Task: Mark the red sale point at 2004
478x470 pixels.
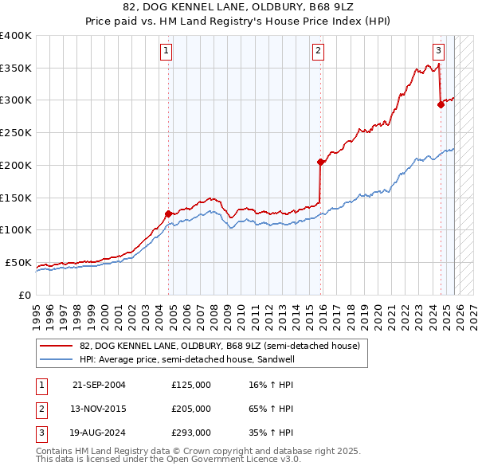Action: [x=168, y=213]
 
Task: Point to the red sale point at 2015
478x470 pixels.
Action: [x=320, y=162]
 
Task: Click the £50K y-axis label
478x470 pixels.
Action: [x=19, y=262]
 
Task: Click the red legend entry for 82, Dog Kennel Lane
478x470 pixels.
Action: [x=220, y=346]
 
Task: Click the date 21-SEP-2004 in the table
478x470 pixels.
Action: [x=99, y=385]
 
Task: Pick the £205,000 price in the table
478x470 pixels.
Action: [x=191, y=409]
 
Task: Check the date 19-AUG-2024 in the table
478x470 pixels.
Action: [x=99, y=433]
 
